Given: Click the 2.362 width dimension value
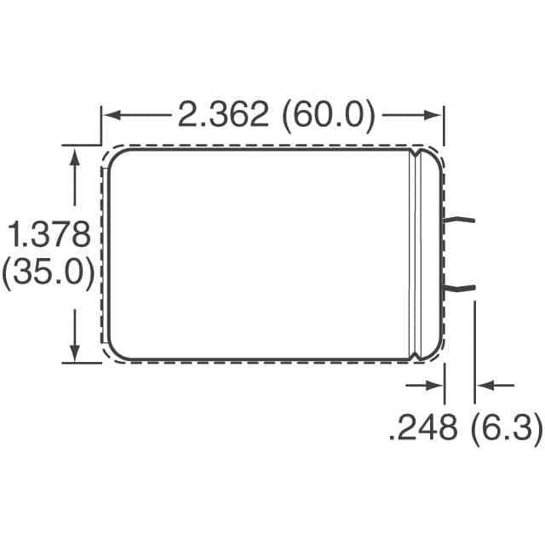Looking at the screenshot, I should click(224, 115).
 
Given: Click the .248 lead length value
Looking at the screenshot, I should click(423, 428).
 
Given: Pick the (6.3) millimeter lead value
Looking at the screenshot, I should click(506, 428).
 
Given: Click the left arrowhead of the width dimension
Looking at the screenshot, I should click(109, 115).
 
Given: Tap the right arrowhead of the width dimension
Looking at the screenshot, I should click(436, 115).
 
